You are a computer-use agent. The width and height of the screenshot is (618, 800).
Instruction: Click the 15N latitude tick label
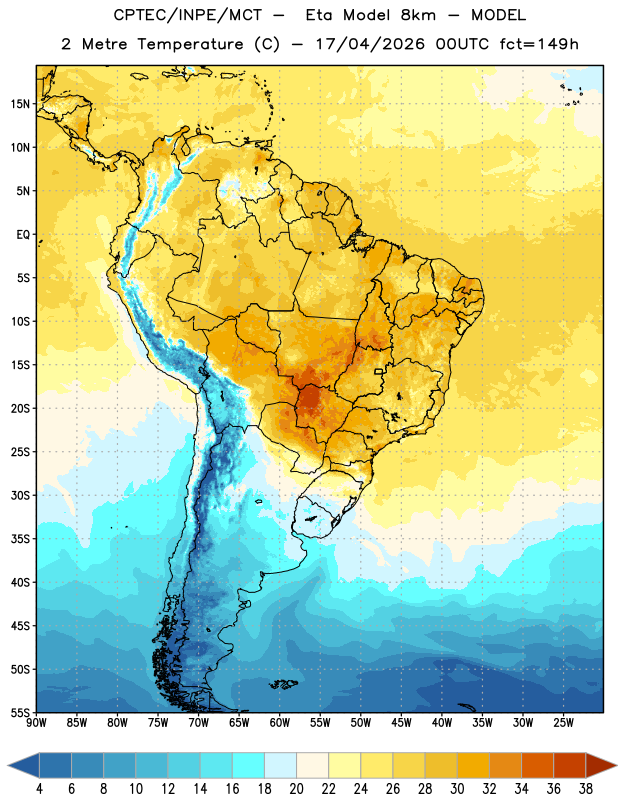pyautogui.click(x=20, y=104)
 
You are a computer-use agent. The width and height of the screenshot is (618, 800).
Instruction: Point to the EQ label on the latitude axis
pyautogui.click(x=23, y=235)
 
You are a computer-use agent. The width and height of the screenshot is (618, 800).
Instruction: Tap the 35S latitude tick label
pyautogui.click(x=21, y=539)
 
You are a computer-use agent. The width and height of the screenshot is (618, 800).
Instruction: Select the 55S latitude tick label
pyautogui.click(x=21, y=712)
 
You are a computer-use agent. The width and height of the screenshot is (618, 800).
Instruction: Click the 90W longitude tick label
pyautogui.click(x=36, y=723)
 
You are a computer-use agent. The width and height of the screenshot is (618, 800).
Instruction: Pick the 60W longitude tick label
pyautogui.click(x=280, y=723)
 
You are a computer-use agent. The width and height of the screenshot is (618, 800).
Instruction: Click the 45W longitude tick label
pyautogui.click(x=401, y=723)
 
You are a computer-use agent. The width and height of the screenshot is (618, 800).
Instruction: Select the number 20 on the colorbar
pyautogui.click(x=296, y=789)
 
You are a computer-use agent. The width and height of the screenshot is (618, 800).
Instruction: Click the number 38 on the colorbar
pyautogui.click(x=586, y=789)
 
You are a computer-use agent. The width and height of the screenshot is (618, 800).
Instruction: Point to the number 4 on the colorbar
pyautogui.click(x=39, y=789)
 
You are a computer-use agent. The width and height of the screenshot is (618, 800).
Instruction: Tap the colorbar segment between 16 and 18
pyautogui.click(x=249, y=765)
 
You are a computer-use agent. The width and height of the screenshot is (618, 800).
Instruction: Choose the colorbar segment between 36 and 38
pyautogui.click(x=570, y=765)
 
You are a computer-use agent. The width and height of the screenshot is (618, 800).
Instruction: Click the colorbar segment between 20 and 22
pyautogui.click(x=313, y=765)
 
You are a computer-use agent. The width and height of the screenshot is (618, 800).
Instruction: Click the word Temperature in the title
pyautogui.click(x=190, y=44)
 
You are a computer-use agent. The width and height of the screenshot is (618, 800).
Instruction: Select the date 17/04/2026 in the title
pyautogui.click(x=370, y=44)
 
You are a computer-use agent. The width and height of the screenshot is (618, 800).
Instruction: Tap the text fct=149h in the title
pyautogui.click(x=539, y=44)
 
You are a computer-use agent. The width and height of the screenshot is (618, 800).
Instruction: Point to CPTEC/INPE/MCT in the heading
pyautogui.click(x=187, y=15)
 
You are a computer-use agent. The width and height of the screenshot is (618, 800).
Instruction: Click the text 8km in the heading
pyautogui.click(x=418, y=15)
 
